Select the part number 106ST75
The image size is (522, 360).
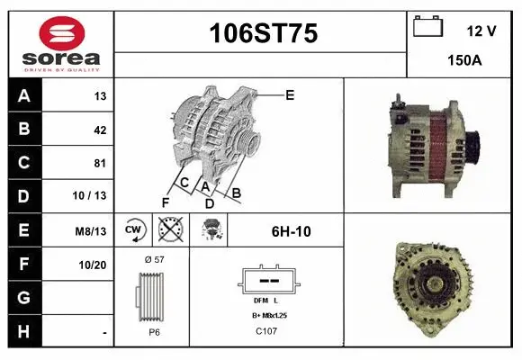263,34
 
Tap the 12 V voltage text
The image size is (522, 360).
481,31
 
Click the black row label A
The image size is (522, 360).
24,96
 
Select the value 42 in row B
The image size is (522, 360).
100,130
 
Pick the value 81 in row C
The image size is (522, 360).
100,163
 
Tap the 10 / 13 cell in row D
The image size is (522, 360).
94,196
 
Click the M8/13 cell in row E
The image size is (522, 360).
92,230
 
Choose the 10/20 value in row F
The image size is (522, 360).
94,265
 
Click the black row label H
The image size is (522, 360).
24,331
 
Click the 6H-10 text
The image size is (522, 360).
291,231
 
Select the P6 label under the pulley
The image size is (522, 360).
153,332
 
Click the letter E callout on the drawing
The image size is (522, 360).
290,94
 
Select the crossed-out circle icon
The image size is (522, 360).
169,229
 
